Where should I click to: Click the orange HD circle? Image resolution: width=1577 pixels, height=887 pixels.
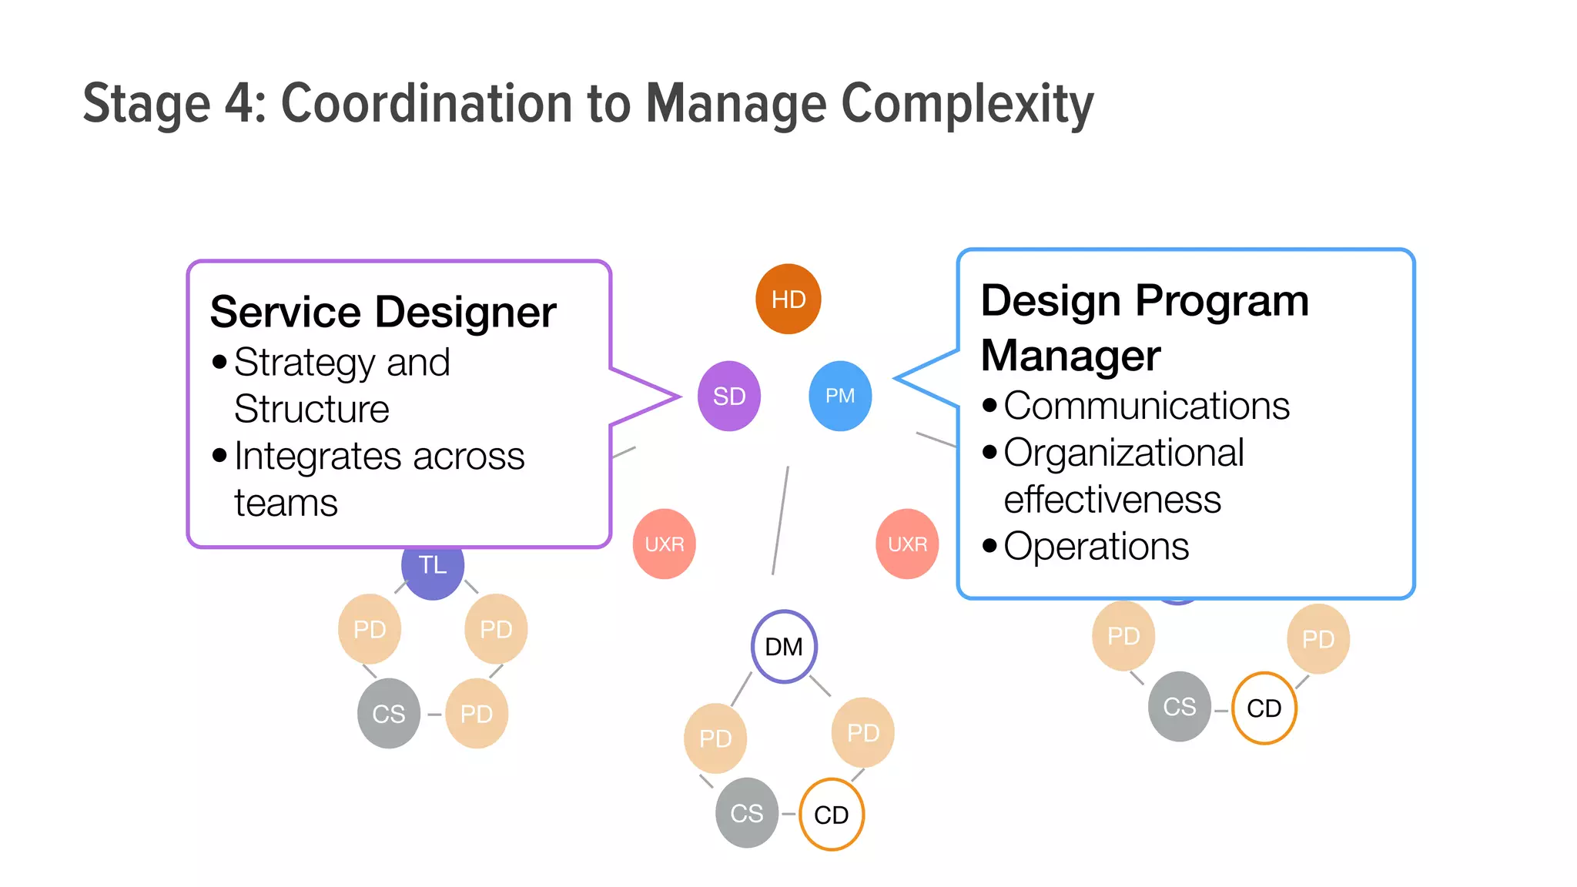788,299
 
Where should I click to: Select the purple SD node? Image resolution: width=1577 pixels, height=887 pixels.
728,396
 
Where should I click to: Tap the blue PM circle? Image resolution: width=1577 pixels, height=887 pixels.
840,396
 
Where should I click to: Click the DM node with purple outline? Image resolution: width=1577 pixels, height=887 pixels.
784,647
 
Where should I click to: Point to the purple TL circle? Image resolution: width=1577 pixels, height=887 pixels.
433,571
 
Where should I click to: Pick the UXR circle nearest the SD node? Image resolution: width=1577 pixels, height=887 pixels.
664,544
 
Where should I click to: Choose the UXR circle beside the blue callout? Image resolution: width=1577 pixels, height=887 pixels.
907,544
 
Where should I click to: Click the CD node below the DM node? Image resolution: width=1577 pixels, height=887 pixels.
832,815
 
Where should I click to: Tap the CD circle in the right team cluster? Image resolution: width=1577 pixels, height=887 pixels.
1264,708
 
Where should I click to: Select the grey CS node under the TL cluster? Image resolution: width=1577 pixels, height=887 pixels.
389,714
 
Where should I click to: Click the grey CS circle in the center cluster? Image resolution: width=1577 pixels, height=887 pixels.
747,813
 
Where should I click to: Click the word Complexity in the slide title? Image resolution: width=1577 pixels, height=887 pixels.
967,104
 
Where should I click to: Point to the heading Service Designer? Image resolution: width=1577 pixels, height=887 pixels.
383,312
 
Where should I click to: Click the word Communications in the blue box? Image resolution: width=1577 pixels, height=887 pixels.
1147,406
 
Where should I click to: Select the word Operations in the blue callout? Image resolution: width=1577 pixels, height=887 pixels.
1097,547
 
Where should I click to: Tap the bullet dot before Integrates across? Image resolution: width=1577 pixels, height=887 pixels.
219,456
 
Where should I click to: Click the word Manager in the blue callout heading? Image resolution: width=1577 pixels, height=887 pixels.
1070,356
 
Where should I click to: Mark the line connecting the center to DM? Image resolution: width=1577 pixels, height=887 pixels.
780,520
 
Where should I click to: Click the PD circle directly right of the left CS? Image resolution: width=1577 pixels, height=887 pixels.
477,714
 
